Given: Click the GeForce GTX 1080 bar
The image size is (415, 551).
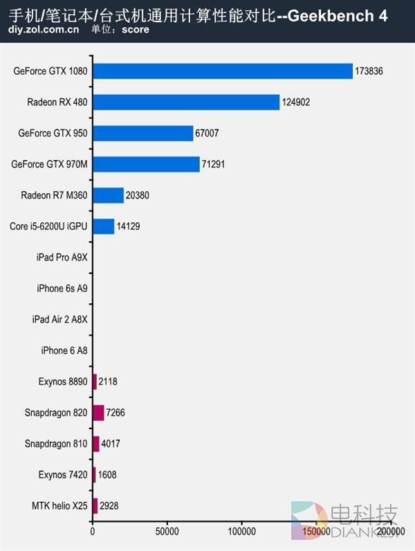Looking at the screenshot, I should [x=223, y=71].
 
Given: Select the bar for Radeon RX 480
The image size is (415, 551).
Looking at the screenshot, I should [x=185, y=102].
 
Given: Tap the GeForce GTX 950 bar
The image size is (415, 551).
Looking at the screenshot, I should [x=142, y=134].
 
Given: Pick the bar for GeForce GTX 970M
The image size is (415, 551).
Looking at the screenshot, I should [x=145, y=164].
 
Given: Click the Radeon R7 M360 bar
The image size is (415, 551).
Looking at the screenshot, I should [x=108, y=195].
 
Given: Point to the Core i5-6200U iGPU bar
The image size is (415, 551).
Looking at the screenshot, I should [x=103, y=226].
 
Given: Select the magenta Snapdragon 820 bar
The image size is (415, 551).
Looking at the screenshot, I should [x=98, y=413].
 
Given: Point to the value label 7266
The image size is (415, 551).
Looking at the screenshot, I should [x=116, y=413].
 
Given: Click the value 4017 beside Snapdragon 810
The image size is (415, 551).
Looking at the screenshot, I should [x=111, y=443].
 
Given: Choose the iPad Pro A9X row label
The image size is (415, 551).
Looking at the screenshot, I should [x=62, y=258].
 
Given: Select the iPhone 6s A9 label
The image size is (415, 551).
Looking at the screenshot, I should [x=62, y=288].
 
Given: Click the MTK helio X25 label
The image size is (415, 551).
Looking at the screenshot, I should [x=59, y=505].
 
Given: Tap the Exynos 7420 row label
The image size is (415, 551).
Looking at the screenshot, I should [x=63, y=474].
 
